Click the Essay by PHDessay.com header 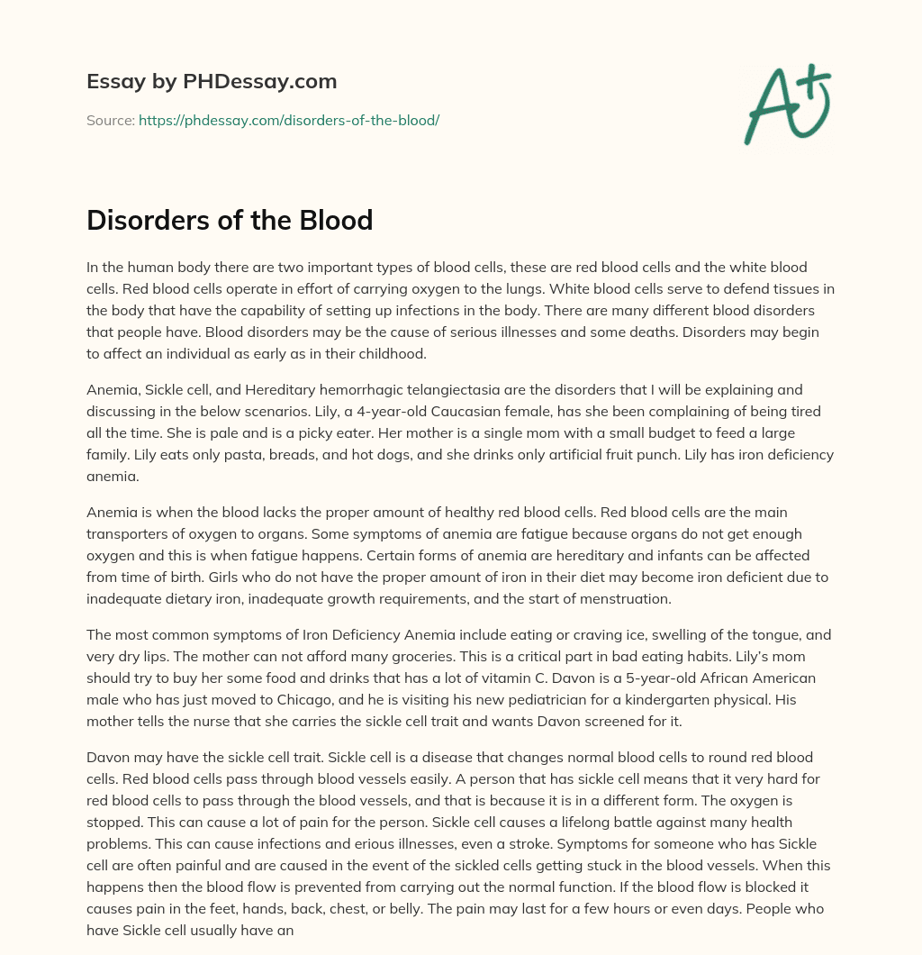point(212,82)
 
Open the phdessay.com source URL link point(288,120)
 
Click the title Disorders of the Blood point(230,220)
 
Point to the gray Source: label point(110,120)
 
